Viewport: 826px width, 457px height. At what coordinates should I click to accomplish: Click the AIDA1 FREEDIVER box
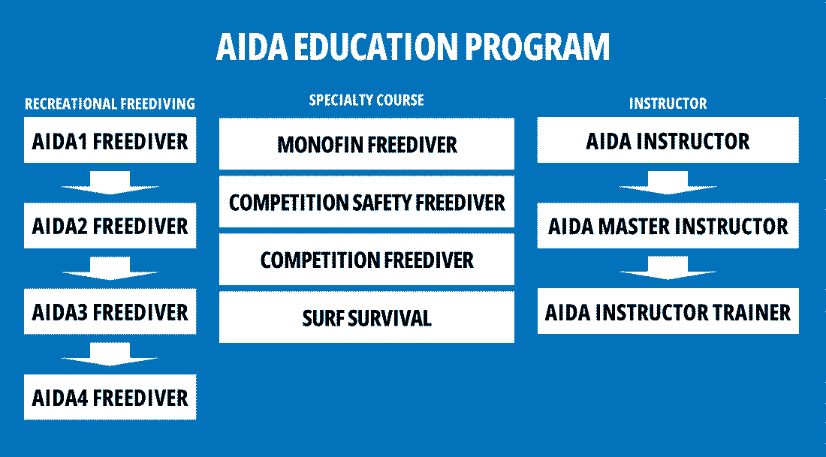coord(110,140)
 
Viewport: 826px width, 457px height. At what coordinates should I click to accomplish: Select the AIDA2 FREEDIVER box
coord(110,226)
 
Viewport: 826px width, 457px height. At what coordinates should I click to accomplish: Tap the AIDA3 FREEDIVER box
coord(110,311)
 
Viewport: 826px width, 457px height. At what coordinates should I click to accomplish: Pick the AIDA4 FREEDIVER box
coord(110,397)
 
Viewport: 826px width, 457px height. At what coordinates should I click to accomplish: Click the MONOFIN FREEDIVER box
coord(366,143)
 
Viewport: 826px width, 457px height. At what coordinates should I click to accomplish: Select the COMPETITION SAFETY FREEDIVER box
coord(366,202)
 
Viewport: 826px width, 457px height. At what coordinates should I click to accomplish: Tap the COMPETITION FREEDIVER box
coord(366,260)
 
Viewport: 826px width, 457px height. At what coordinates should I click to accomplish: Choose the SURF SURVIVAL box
coord(366,317)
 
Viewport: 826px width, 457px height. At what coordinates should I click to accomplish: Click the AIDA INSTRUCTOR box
coord(668,140)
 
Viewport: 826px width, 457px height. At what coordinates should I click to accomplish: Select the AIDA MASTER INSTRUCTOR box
coord(668,226)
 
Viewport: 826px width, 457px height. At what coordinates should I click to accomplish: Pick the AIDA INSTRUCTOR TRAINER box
coord(668,311)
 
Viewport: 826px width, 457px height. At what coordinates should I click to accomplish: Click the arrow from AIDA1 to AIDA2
coord(110,183)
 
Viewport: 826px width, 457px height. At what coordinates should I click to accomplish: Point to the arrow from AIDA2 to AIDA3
coord(110,269)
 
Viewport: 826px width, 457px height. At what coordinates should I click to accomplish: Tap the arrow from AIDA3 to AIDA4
coord(110,354)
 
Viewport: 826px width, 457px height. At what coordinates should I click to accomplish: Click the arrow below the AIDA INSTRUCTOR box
coord(668,183)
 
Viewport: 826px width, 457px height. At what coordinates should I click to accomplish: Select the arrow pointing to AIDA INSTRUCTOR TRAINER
coord(668,269)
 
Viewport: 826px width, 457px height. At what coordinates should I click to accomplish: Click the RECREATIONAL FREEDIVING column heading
coord(110,104)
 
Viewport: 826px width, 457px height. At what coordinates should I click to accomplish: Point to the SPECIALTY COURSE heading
coord(366,100)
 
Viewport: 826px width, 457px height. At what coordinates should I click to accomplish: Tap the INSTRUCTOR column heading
coord(668,104)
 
